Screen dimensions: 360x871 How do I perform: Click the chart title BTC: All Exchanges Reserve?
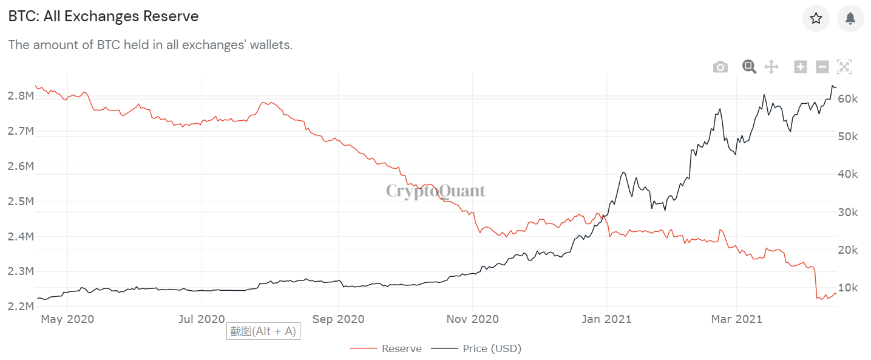click(x=103, y=16)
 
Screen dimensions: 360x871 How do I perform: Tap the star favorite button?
click(x=816, y=18)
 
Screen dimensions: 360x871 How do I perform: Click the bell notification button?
click(x=850, y=18)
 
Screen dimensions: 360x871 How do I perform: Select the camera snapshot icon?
click(x=720, y=67)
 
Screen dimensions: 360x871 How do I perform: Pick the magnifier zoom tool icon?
click(x=749, y=67)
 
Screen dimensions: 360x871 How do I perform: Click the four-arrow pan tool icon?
click(x=771, y=67)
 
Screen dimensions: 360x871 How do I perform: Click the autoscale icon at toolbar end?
click(x=844, y=67)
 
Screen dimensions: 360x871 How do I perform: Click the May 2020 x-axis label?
click(x=67, y=319)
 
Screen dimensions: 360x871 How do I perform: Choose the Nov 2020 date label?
click(x=472, y=319)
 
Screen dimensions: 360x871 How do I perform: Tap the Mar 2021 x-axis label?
click(x=736, y=319)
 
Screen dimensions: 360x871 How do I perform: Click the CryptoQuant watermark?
click(x=436, y=191)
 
